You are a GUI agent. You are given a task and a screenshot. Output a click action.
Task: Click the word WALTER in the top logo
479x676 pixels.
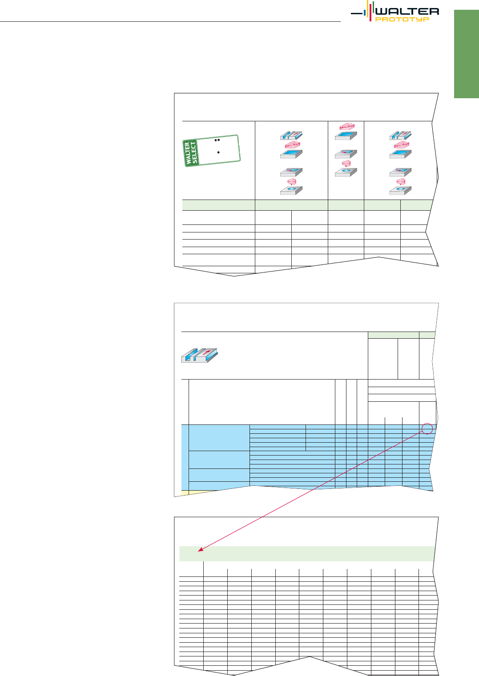pyautogui.click(x=407, y=12)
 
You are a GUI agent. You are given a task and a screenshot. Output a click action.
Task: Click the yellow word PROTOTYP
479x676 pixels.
pyautogui.click(x=403, y=19)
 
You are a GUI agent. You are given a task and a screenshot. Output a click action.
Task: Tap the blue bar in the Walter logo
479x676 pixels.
pyautogui.click(x=365, y=13)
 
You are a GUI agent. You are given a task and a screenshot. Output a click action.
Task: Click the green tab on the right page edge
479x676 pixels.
pyautogui.click(x=466, y=54)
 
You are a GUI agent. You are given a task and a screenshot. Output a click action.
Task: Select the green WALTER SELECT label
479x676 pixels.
pyautogui.click(x=191, y=153)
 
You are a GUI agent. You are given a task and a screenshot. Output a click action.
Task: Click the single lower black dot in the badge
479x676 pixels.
pyautogui.click(x=218, y=152)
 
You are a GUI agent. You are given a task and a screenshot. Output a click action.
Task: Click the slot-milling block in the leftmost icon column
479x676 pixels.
pyautogui.click(x=291, y=135)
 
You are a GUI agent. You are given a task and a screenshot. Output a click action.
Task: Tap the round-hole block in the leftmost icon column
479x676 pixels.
pyautogui.click(x=291, y=190)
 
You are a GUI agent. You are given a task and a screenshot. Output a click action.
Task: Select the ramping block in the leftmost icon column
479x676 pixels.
pyautogui.click(x=291, y=172)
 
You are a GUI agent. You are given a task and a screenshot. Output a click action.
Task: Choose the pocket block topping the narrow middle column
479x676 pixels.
pyautogui.click(x=346, y=136)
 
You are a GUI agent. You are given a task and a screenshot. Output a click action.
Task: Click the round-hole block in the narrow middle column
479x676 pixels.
pyautogui.click(x=346, y=172)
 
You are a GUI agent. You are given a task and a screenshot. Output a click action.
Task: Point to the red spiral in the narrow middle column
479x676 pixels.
pyautogui.click(x=346, y=164)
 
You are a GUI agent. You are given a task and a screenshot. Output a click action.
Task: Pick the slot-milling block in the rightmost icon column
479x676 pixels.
pyautogui.click(x=400, y=135)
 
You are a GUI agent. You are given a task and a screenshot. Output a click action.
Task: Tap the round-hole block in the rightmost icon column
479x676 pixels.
pyautogui.click(x=400, y=190)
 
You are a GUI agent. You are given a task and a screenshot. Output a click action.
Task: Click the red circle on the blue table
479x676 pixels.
pyautogui.click(x=427, y=428)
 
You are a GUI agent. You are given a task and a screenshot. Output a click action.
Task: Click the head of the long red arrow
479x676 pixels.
pyautogui.click(x=198, y=551)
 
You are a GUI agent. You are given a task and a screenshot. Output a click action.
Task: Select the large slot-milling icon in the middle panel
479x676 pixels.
pyautogui.click(x=200, y=355)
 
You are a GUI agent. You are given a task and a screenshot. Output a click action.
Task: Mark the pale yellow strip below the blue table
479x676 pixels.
pyautogui.click(x=199, y=492)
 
